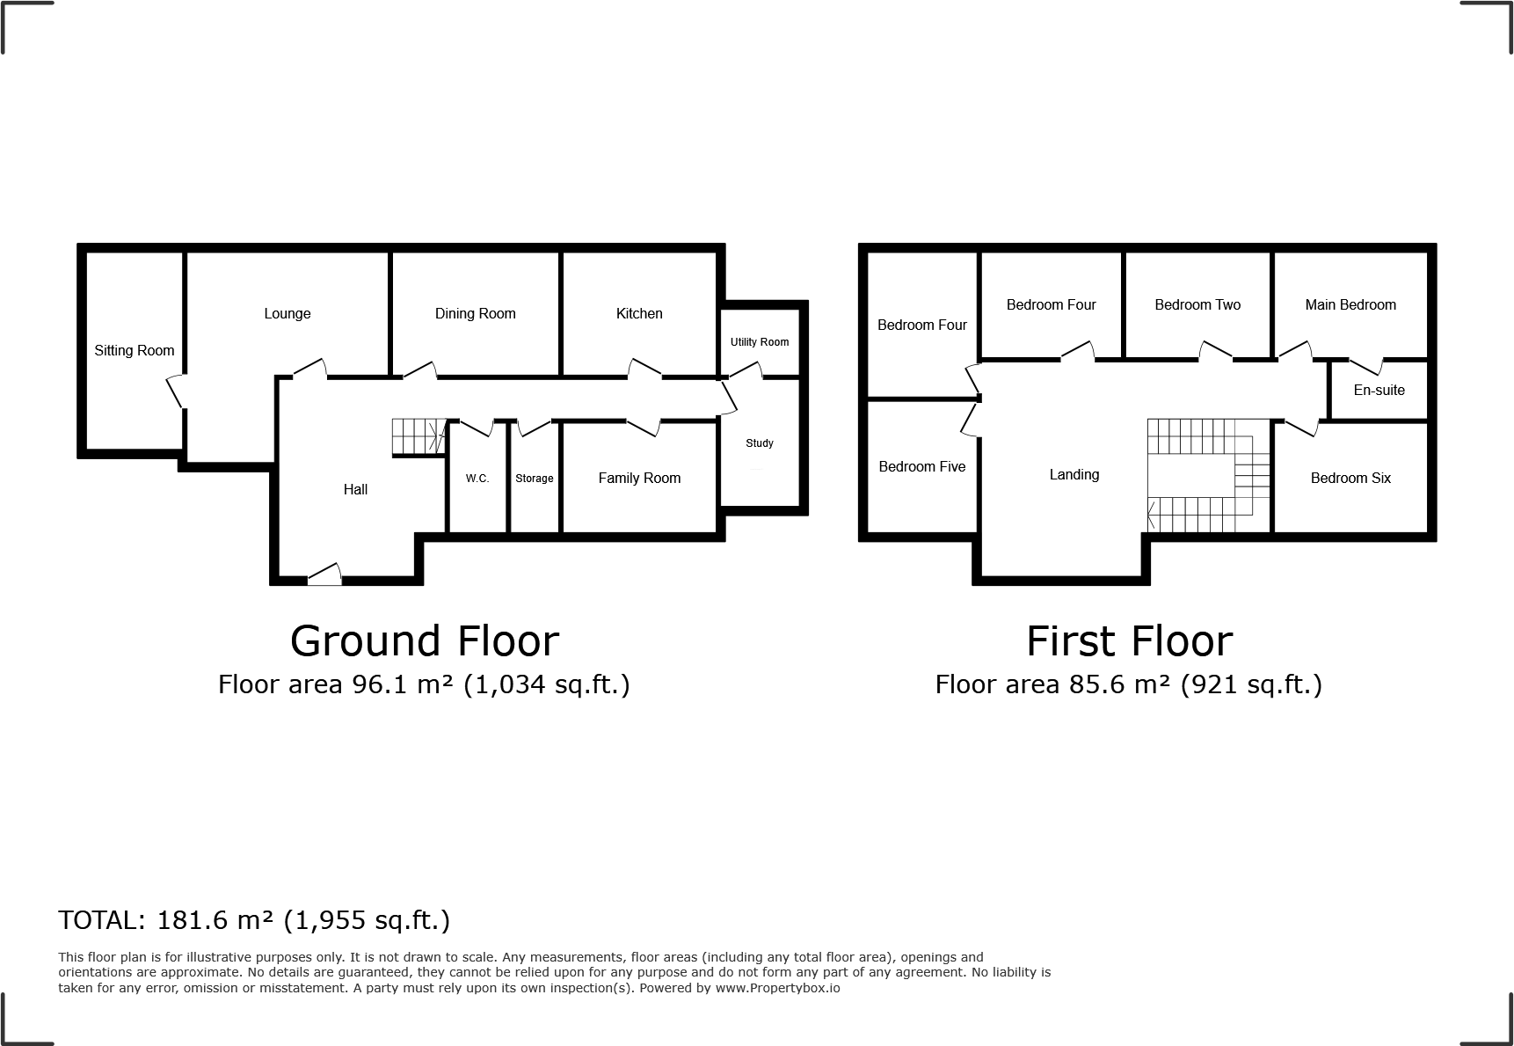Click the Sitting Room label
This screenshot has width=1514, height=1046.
(135, 350)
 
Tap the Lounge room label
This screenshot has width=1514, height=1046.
(287, 313)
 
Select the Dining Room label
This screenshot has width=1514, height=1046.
(475, 313)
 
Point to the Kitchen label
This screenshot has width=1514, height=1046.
(639, 313)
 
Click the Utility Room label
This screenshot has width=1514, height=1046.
(760, 342)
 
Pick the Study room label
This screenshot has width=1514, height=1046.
(760, 443)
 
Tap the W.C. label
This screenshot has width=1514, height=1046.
(477, 479)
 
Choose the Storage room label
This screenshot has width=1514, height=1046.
(535, 479)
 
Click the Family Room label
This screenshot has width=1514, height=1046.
(639, 478)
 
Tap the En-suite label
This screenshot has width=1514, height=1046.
(1379, 390)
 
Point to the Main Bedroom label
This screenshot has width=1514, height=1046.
(1350, 304)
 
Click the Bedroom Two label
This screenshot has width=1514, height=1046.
(1197, 304)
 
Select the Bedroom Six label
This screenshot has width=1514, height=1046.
(1350, 478)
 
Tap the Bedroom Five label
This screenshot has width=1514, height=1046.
(922, 466)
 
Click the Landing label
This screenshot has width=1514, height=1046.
(1074, 474)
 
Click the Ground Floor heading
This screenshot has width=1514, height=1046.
(425, 641)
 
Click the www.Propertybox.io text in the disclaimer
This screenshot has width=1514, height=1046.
(777, 988)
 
